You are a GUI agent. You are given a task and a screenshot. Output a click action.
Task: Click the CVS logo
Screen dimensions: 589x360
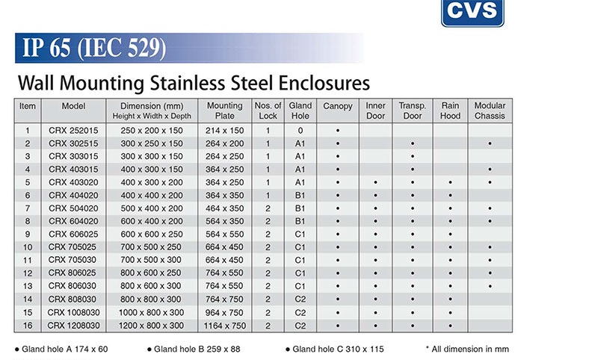tap(472, 13)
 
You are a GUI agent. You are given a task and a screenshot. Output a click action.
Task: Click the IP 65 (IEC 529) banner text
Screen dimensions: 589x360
tap(94, 48)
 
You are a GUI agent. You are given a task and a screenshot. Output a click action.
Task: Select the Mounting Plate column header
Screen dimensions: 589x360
tap(225, 111)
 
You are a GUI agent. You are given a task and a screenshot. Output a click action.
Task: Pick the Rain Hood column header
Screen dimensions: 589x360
tap(450, 111)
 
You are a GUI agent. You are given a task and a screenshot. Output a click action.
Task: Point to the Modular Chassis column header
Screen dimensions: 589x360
tap(490, 111)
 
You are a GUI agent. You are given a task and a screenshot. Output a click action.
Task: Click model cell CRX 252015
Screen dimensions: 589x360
tap(73, 131)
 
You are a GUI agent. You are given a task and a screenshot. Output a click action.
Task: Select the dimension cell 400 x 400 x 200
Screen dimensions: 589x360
tap(152, 195)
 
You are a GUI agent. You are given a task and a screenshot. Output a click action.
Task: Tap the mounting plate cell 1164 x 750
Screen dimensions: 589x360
tap(225, 326)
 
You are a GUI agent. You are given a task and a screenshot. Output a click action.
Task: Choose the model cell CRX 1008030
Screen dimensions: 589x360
tap(73, 312)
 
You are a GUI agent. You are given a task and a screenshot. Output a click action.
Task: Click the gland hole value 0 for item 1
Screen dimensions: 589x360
tap(300, 131)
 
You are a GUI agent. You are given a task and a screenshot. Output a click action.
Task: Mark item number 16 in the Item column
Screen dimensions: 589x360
tap(28, 326)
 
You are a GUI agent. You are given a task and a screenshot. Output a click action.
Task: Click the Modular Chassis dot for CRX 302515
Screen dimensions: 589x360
tap(490, 143)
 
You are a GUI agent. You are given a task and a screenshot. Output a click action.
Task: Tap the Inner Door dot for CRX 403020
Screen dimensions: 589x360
tap(376, 182)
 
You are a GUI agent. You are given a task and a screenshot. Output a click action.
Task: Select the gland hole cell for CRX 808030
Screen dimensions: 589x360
tap(300, 300)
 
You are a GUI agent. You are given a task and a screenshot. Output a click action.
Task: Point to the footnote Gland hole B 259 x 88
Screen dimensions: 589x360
tap(194, 349)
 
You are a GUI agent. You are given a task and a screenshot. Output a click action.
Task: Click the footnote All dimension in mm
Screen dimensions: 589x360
tap(467, 349)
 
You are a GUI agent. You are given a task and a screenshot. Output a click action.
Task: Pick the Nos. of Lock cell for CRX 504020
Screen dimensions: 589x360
tap(268, 208)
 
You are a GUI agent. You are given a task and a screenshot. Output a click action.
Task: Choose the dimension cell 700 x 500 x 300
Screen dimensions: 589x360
tap(151, 260)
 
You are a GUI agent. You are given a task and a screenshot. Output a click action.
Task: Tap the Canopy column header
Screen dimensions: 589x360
tap(338, 106)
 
